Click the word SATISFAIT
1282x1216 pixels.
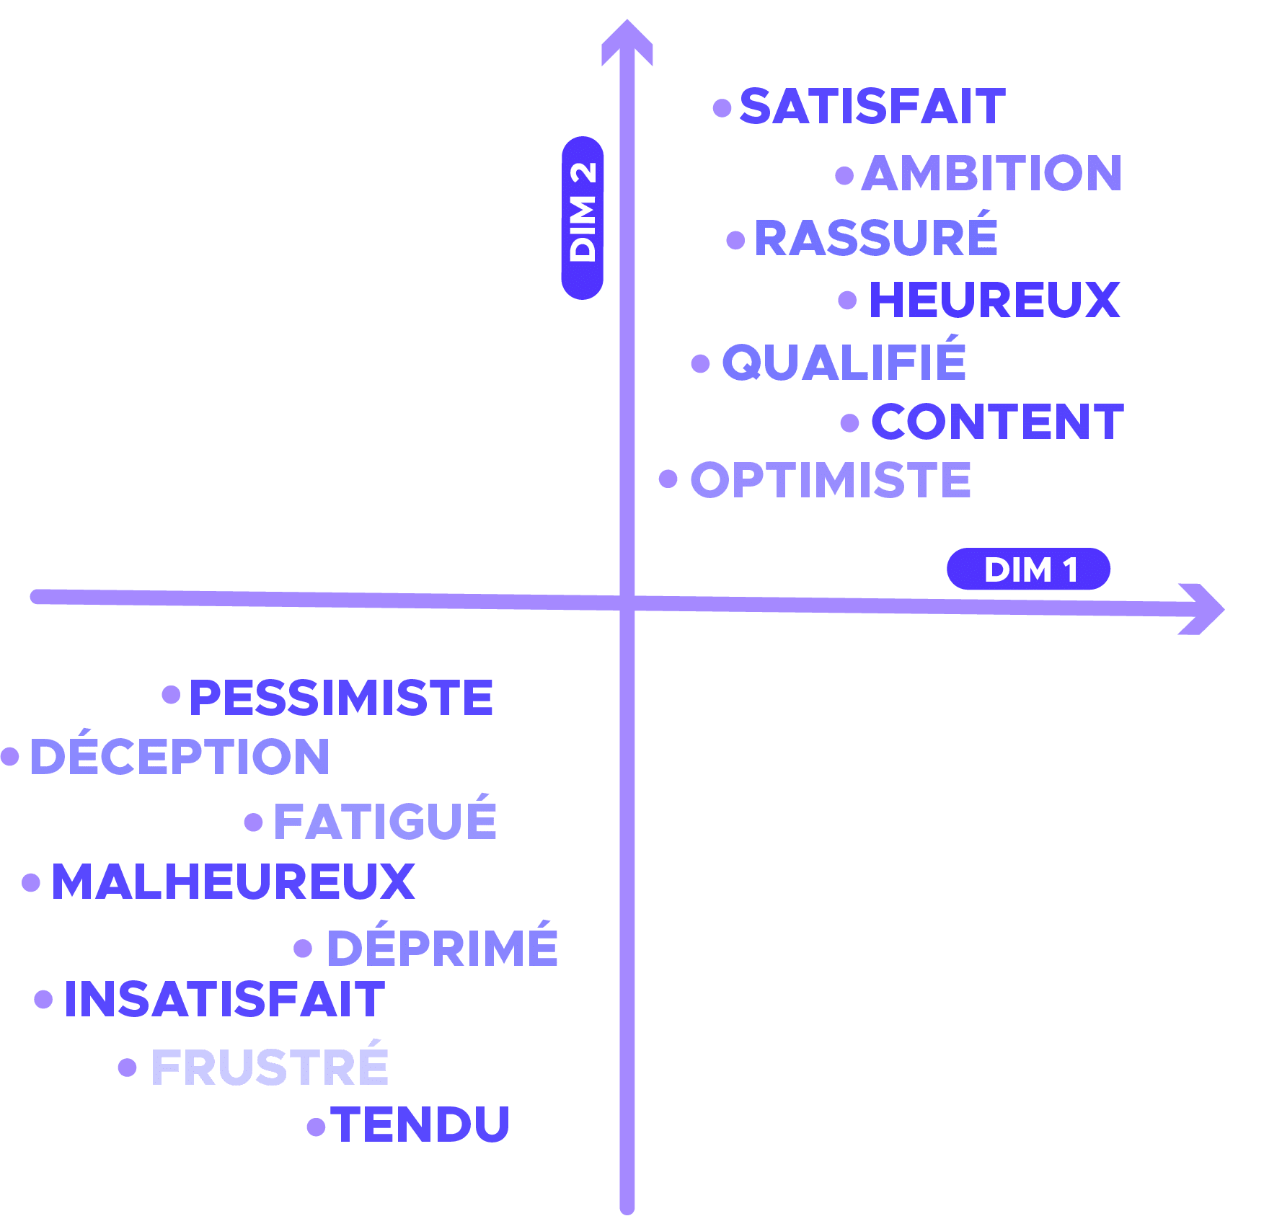[x=872, y=107]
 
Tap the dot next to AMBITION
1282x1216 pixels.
[x=844, y=175]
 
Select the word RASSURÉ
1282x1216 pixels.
[x=876, y=238]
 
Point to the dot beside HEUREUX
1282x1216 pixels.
[x=848, y=300]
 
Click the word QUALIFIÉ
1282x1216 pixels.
[x=844, y=363]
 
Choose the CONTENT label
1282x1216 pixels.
[x=997, y=422]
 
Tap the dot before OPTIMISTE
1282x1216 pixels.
[x=668, y=478]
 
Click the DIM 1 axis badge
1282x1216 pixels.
[x=1028, y=569]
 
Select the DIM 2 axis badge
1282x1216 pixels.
[x=583, y=218]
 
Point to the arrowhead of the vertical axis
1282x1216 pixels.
[x=627, y=40]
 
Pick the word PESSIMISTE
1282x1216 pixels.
[x=341, y=698]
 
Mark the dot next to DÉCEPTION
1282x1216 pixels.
[x=10, y=756]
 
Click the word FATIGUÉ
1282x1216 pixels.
[x=385, y=822]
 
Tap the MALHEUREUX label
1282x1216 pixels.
[x=233, y=882]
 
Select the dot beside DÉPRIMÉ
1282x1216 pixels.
[x=304, y=949]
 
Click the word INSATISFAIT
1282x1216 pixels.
[x=224, y=1000]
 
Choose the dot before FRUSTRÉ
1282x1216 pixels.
[x=128, y=1068]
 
